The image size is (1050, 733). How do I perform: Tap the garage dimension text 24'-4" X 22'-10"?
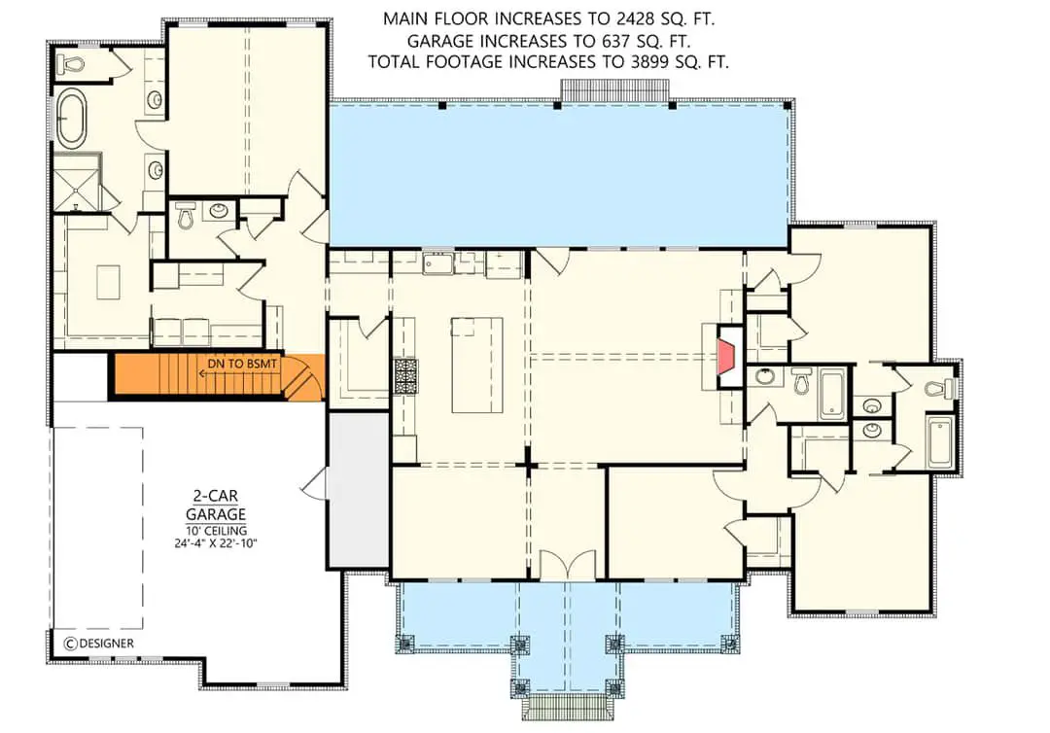[216, 543]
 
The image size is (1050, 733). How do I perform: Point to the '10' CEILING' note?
[216, 529]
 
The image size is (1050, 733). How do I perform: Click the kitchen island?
[476, 364]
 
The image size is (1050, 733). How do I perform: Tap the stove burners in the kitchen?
[403, 375]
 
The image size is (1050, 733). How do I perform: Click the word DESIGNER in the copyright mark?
[107, 643]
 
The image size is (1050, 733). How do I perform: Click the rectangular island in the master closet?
[107, 283]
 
